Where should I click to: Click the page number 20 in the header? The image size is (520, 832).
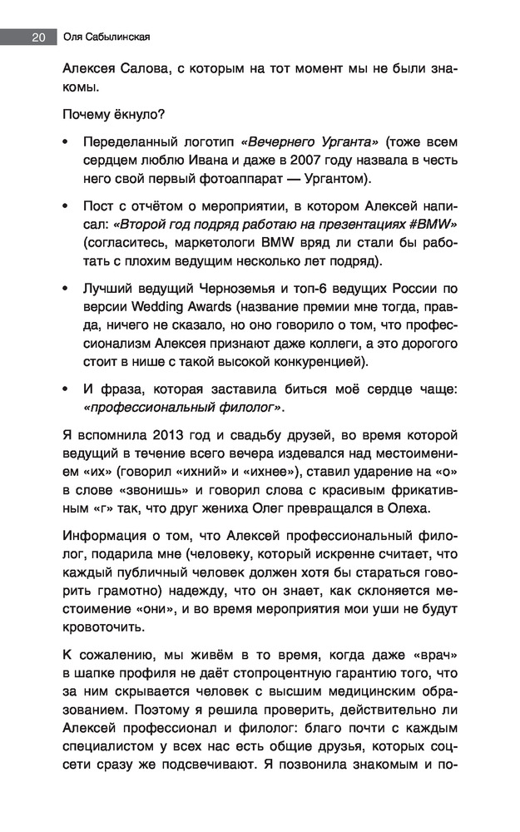pyautogui.click(x=37, y=37)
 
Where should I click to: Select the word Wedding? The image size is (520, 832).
pyautogui.click(x=158, y=306)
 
